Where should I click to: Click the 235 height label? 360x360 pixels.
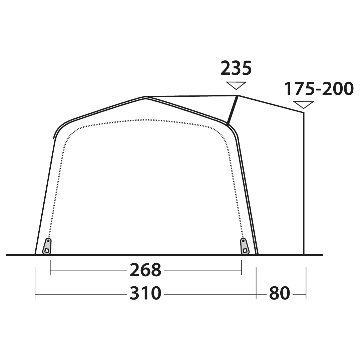pyautogui.click(x=236, y=68)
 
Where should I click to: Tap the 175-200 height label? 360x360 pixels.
pyautogui.click(x=319, y=88)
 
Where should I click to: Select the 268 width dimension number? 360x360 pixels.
pyautogui.click(x=145, y=270)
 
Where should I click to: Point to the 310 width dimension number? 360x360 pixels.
pyautogui.click(x=145, y=293)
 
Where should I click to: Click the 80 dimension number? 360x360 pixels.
pyautogui.click(x=280, y=293)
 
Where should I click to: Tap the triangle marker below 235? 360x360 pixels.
pyautogui.click(x=236, y=85)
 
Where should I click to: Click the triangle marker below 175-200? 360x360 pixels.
pyautogui.click(x=304, y=105)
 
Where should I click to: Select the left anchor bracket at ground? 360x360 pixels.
pyautogui.click(x=47, y=246)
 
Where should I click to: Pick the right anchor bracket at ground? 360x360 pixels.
pyautogui.click(x=245, y=246)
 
